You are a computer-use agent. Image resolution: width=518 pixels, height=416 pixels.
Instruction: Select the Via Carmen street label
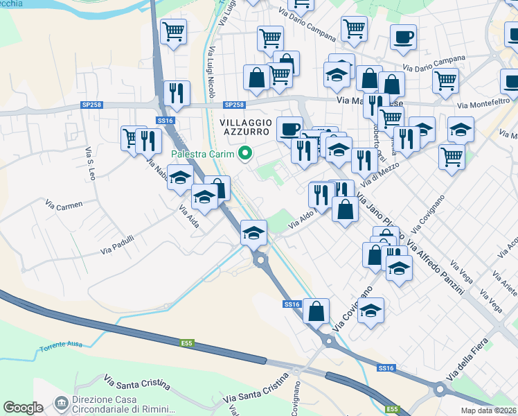coord(64,205)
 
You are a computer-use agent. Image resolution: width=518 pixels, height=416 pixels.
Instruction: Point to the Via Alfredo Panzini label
coord(435,268)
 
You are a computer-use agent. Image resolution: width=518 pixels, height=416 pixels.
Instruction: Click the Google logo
coord(23,408)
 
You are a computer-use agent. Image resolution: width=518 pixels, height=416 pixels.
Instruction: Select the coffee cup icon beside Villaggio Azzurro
coord(289,128)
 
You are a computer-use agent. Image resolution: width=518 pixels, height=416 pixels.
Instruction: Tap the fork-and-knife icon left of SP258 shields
coord(177,93)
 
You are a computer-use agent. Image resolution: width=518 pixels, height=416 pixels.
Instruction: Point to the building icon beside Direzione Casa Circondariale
coord(62,403)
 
